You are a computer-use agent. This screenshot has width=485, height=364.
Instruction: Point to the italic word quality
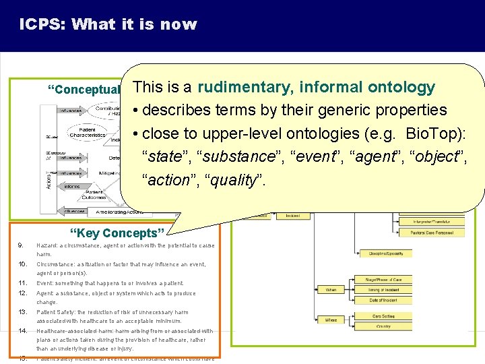233,180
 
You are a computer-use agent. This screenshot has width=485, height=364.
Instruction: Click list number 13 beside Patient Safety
22,312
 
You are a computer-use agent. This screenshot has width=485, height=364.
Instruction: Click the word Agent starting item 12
44,293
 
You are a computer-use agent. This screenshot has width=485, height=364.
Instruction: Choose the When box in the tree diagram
331,289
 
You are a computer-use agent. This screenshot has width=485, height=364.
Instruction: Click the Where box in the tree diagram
331,320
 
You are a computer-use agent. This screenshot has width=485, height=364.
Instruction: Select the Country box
383,326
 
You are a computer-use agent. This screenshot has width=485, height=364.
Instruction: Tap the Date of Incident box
383,300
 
